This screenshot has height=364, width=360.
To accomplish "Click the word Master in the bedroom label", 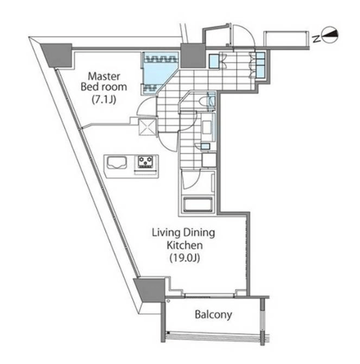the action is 104,76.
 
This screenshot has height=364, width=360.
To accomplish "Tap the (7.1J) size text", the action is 104,100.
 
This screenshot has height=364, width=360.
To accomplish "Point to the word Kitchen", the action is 184,245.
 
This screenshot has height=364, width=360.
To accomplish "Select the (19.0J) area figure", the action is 184,258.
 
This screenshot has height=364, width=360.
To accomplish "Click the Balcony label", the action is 213,314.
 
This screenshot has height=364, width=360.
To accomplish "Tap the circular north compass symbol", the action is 330,35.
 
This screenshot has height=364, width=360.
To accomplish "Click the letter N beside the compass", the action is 316,39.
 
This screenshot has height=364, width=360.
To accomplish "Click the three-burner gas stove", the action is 145,162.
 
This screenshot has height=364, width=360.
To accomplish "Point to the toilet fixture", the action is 206,102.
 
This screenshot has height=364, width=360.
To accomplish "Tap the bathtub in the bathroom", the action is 198,204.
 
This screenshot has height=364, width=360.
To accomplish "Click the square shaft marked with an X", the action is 147,126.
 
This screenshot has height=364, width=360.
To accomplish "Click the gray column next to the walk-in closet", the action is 192,56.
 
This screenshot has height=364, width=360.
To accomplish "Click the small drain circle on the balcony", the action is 168,301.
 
